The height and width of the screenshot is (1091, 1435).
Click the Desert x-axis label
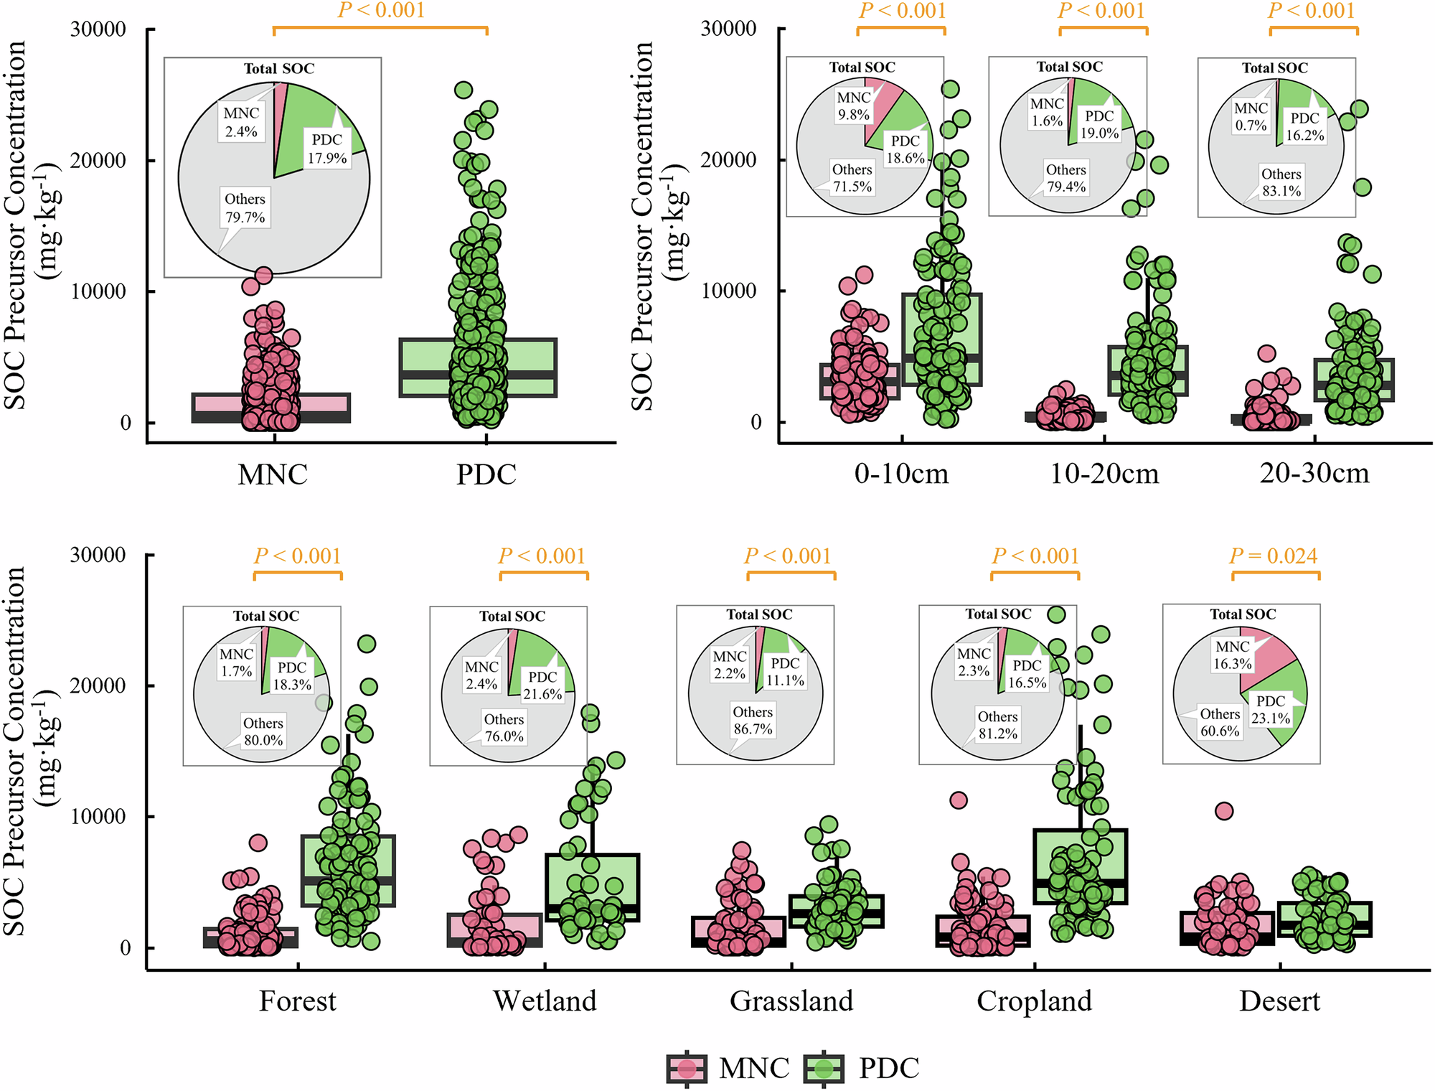[x=1279, y=1001]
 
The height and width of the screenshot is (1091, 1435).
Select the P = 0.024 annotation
[x=1274, y=556]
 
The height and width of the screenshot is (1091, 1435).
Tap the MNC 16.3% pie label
[x=1232, y=655]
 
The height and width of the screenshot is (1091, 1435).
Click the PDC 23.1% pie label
[x=1271, y=709]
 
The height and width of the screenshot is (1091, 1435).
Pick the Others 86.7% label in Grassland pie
[x=753, y=721]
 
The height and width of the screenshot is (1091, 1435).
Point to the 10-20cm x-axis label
[x=1104, y=474]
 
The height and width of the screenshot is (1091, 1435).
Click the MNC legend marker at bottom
[x=687, y=1069]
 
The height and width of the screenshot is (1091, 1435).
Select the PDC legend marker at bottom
[x=824, y=1069]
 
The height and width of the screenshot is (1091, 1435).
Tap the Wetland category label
[x=545, y=1001]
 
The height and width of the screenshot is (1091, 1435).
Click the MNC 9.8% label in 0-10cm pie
[x=854, y=106]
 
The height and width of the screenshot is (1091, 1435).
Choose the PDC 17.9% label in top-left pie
[x=327, y=149]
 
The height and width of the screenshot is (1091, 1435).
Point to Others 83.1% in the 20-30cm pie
[x=1281, y=182]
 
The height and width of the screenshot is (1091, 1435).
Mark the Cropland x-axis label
[x=1034, y=1001]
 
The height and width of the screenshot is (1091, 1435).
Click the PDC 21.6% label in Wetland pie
[x=542, y=685]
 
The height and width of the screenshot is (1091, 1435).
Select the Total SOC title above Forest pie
[x=265, y=616]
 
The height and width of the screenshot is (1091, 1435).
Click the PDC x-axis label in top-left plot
[x=486, y=474]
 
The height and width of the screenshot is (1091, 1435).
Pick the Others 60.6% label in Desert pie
[x=1220, y=722]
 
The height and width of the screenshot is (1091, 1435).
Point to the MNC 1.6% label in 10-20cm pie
[x=1047, y=112]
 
